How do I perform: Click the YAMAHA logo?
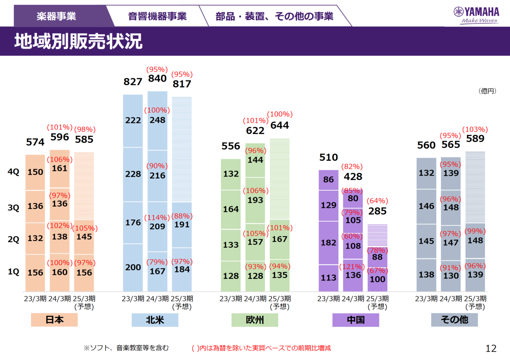[x=476, y=15]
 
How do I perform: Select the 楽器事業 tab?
[x=56, y=16]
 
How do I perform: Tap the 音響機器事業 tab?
[x=157, y=16]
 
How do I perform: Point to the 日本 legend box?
[x=54, y=320]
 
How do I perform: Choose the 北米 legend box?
[x=155, y=320]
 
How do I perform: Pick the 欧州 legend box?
[x=255, y=320]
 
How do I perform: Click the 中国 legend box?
[x=355, y=320]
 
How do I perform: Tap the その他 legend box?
[x=454, y=320]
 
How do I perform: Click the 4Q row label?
[x=14, y=172]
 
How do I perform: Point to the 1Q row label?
[x=14, y=272]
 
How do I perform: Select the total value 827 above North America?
[x=133, y=82]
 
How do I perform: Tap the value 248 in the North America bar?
[x=157, y=120]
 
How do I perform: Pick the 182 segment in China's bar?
[x=328, y=243]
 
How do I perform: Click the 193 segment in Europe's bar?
[x=255, y=200]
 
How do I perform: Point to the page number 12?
[x=491, y=348]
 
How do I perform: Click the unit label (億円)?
[x=487, y=91]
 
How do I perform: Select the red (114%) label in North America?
[x=157, y=218]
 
